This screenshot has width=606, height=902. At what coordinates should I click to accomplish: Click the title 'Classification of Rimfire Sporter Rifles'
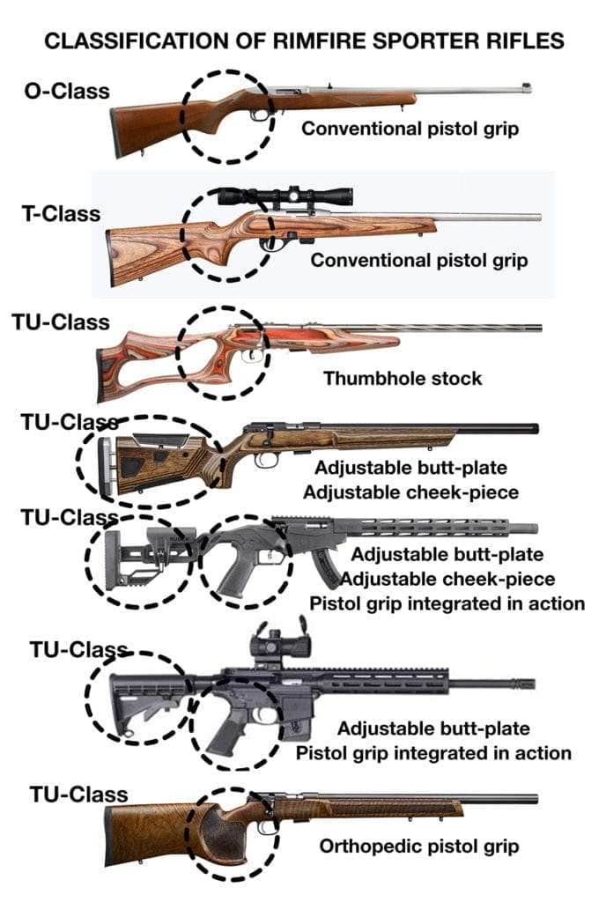(x=304, y=41)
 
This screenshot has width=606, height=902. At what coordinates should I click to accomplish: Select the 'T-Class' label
(x=61, y=214)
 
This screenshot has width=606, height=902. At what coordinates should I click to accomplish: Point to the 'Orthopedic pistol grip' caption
(x=418, y=847)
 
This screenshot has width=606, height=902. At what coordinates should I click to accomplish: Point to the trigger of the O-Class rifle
(x=258, y=115)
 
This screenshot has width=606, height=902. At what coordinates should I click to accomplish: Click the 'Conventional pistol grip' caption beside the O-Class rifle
(x=410, y=129)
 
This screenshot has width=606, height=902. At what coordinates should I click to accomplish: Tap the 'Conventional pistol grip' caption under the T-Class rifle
(x=418, y=261)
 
